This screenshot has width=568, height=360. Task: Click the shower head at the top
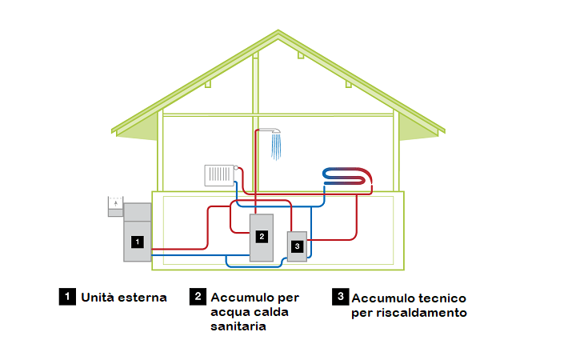click(x=274, y=130)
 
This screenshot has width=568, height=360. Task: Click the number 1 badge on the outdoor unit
click(x=138, y=241)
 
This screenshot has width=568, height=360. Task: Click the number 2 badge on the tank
click(x=261, y=236)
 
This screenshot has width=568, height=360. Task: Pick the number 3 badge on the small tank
click(x=297, y=247)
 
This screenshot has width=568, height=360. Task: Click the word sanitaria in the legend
click(x=238, y=326)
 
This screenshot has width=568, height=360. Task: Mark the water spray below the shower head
click(x=277, y=146)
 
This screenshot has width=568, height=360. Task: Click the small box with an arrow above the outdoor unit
click(x=117, y=206)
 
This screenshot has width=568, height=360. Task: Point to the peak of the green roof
click(x=278, y=34)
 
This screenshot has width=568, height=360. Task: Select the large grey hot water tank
click(x=262, y=238)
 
